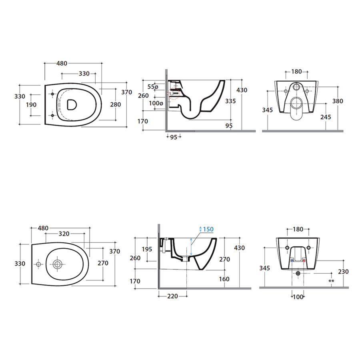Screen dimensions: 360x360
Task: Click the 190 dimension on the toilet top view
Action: point(31,105)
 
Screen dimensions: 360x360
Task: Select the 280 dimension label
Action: point(116,104)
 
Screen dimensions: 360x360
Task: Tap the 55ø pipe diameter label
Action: point(153,87)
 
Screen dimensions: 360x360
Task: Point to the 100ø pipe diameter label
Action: point(156,104)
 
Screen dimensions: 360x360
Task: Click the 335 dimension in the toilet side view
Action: point(230,101)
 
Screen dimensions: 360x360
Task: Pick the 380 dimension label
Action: point(338,101)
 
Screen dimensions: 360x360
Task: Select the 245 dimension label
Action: point(326,117)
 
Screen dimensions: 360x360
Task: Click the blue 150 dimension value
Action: point(208,229)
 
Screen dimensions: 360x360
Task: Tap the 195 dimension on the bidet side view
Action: point(147,249)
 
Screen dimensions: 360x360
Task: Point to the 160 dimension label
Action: point(224,279)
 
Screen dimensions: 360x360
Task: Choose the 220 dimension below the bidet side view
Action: point(172,296)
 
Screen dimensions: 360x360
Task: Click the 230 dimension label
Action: point(343,272)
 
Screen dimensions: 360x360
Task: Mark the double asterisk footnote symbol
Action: point(331,282)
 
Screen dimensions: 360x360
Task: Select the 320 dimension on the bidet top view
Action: point(64,234)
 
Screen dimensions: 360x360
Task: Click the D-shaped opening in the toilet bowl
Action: point(72,104)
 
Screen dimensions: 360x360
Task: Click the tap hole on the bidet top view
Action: point(38,264)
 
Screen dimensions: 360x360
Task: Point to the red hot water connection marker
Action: point(304,261)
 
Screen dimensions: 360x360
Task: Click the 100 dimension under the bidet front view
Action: point(298,297)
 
